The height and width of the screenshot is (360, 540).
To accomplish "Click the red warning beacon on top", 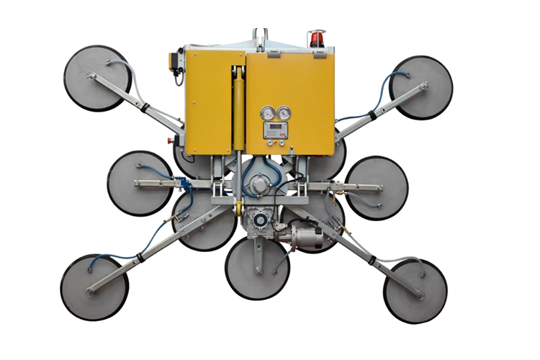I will (x=315, y=37).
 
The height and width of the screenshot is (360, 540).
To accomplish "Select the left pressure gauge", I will (x=269, y=113).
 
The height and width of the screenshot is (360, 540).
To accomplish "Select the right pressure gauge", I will (x=284, y=113).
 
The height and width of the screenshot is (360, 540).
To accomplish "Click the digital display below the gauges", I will (x=276, y=130).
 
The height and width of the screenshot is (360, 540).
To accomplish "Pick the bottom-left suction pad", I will (x=94, y=287).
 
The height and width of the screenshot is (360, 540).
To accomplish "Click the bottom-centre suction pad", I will (x=257, y=269).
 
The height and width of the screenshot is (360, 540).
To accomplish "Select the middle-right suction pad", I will (x=376, y=188).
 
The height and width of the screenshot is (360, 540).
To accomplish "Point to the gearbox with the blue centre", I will (x=258, y=220).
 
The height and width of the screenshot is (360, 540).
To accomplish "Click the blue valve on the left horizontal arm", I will (x=184, y=184).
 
